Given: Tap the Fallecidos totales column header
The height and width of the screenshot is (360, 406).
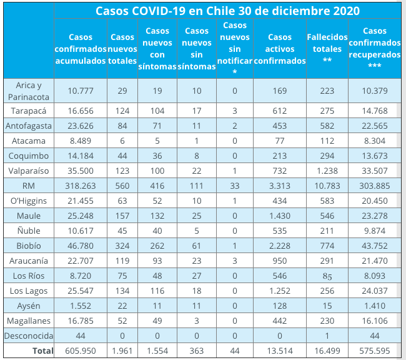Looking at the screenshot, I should click(327, 49).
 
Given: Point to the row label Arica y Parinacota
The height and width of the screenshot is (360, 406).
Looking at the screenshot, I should click(27, 91).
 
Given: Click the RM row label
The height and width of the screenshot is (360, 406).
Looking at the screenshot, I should click(27, 185).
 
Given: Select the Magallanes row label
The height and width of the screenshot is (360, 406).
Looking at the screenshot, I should click(27, 320).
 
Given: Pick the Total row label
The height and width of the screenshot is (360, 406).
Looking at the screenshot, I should click(42, 351).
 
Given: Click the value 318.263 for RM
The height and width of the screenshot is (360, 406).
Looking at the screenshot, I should click(81, 185).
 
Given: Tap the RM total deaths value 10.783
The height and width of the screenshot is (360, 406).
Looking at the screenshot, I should click(327, 185).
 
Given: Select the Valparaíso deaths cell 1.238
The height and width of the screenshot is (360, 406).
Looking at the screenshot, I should click(327, 171).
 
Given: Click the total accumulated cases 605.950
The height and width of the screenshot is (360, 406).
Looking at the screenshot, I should click(81, 351).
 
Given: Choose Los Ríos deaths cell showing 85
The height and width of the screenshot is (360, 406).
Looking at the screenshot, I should click(327, 276).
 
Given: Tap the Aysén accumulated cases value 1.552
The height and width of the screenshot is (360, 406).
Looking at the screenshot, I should click(81, 306).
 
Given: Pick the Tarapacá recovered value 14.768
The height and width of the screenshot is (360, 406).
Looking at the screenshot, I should click(374, 111).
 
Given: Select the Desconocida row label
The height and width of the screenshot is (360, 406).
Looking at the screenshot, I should click(27, 336).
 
